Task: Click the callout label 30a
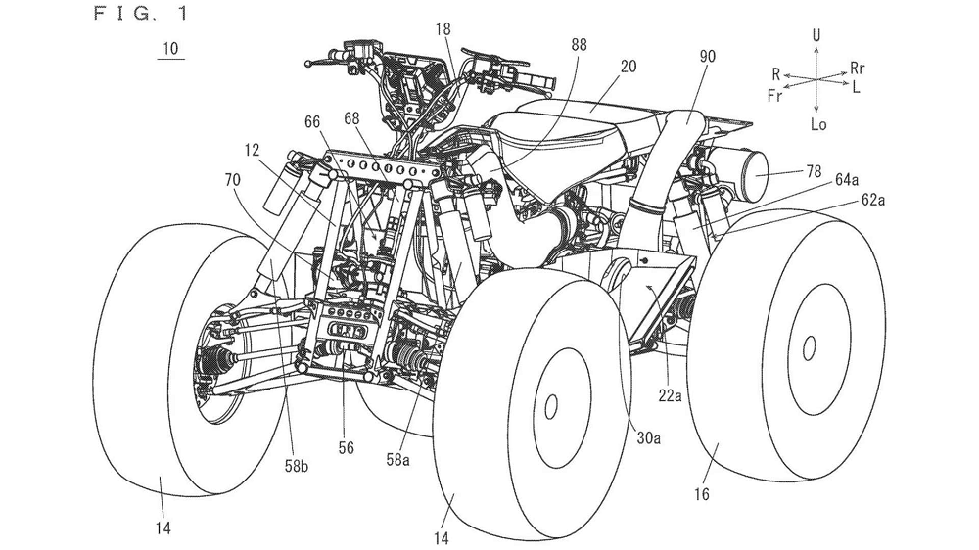(646, 437)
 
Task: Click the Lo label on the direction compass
(818, 123)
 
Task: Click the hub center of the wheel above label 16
(808, 345)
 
